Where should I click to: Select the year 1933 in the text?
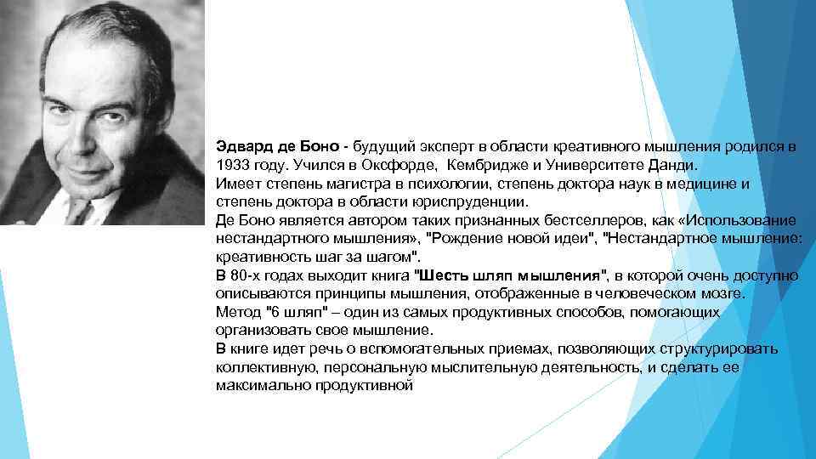(232, 165)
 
